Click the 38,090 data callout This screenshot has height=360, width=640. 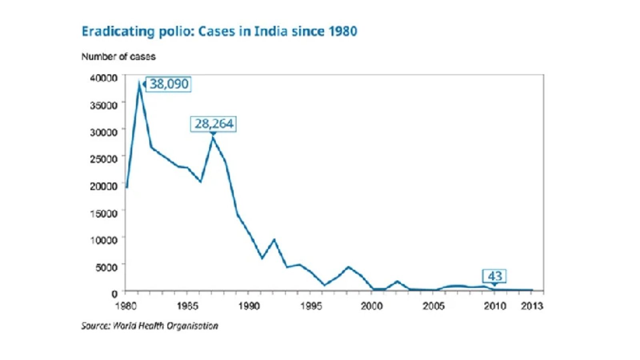tap(168, 84)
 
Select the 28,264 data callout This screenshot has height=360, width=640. tap(214, 124)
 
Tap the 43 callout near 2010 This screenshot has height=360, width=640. tap(494, 276)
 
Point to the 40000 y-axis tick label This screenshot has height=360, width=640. tap(104, 78)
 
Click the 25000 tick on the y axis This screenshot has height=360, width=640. tap(104, 159)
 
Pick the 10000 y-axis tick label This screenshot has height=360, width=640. tap(104, 240)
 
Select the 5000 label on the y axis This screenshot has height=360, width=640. tap(106, 267)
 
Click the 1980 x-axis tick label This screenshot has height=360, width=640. tap(126, 306)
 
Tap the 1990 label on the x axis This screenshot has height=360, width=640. tap(249, 306)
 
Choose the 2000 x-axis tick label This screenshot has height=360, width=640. tap(372, 306)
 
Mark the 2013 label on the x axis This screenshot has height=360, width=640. tap(532, 306)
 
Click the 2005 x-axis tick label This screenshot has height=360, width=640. tap(434, 306)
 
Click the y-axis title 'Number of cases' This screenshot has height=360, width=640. tap(118, 57)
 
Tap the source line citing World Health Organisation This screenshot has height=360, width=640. tap(150, 326)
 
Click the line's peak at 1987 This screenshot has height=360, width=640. tap(213, 137)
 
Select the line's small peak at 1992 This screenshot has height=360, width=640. tap(274, 240)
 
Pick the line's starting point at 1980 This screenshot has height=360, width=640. tap(127, 187)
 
